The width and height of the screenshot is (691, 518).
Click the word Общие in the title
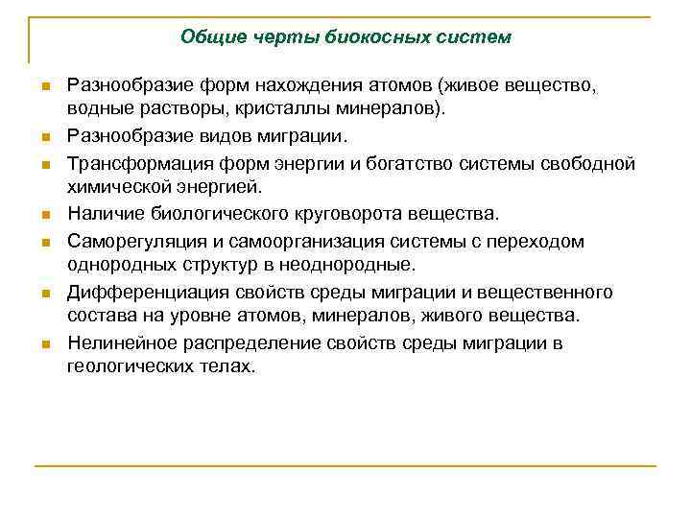click(x=207, y=37)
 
